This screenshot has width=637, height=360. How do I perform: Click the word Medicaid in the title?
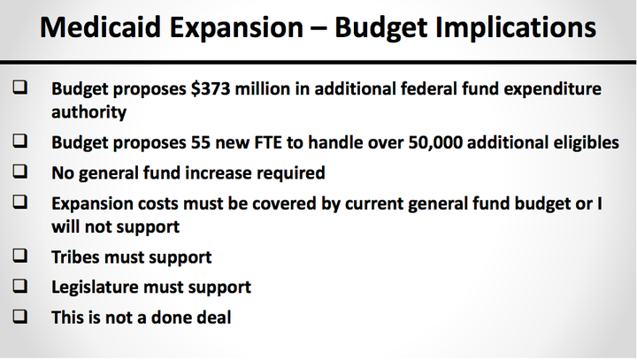click(x=100, y=27)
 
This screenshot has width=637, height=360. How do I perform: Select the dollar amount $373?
click(x=211, y=88)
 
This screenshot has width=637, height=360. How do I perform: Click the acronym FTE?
click(x=268, y=142)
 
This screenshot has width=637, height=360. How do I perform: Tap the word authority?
click(x=89, y=112)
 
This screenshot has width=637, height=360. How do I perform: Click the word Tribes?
click(x=75, y=257)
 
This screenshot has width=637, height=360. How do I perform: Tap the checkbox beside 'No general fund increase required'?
click(x=19, y=171)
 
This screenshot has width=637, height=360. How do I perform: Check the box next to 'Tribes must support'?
click(x=19, y=255)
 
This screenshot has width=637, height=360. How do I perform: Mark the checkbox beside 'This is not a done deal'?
click(x=19, y=316)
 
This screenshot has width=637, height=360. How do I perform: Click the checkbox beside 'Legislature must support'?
click(x=19, y=286)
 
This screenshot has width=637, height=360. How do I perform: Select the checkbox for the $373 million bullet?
click(x=19, y=87)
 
